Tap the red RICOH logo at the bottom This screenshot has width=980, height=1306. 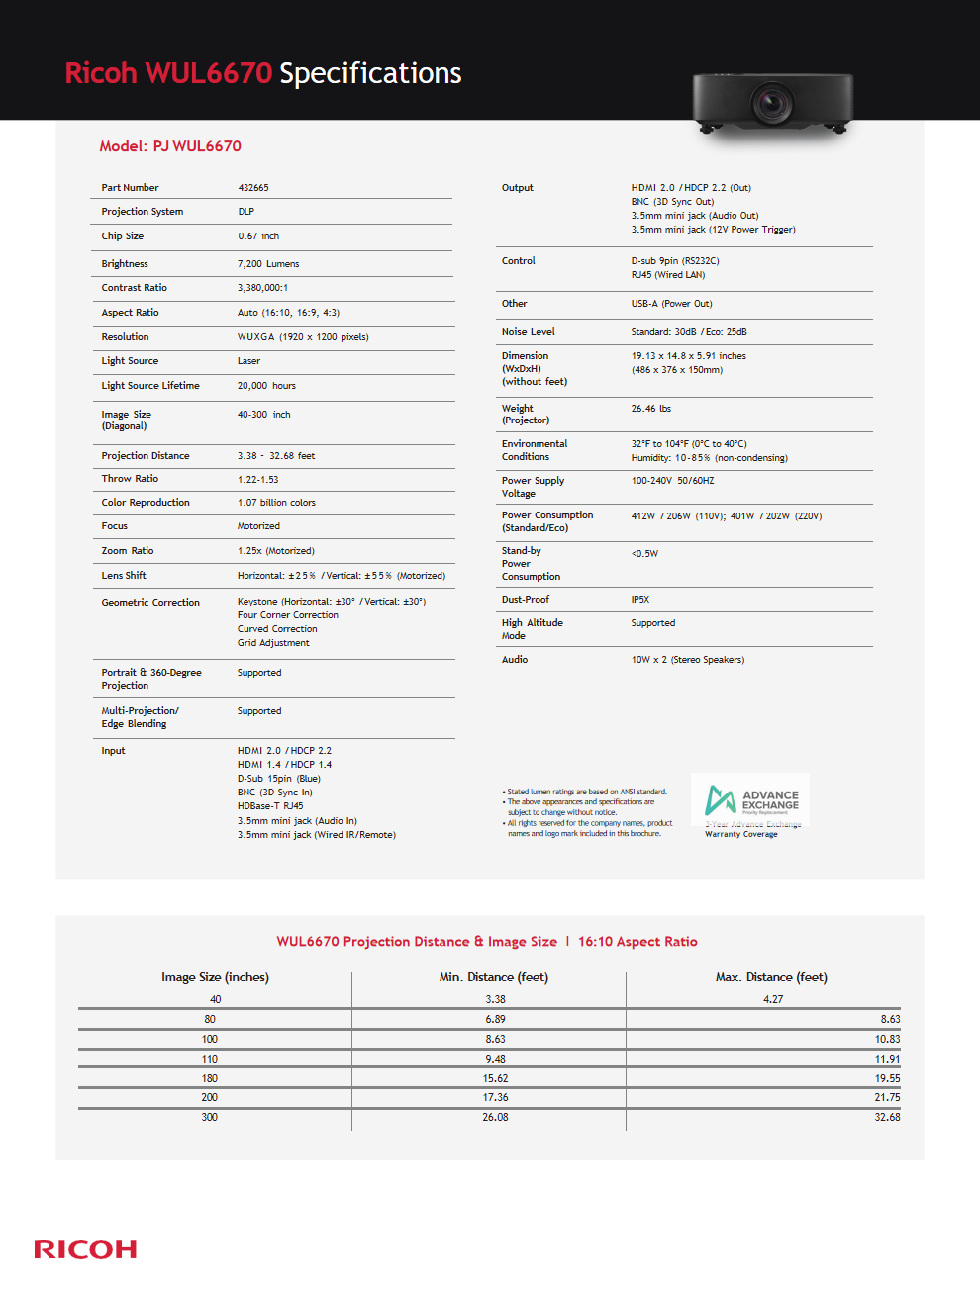coord(85,1249)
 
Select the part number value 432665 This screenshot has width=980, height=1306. coord(253,188)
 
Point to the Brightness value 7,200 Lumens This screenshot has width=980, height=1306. coord(268,264)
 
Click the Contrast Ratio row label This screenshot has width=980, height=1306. coord(135,288)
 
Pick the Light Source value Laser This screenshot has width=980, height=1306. coord(248,361)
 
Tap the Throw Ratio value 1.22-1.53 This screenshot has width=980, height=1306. coord(258,479)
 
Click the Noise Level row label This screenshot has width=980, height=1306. coord(528,332)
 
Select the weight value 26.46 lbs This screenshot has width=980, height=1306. coord(651,409)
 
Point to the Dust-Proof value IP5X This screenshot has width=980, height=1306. coord(640,600)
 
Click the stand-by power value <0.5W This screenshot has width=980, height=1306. coord(644,554)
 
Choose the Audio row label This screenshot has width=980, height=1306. coord(515,660)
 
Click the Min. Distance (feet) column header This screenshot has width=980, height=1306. coord(494,978)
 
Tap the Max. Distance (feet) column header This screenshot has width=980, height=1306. coord(771,978)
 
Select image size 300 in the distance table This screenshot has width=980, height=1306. coord(210,1118)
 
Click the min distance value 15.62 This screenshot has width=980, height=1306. coord(495,1079)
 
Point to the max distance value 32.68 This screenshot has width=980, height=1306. coord(887,1118)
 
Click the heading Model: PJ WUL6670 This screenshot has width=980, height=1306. coord(170,146)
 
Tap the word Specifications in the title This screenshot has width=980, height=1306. coord(370,73)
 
